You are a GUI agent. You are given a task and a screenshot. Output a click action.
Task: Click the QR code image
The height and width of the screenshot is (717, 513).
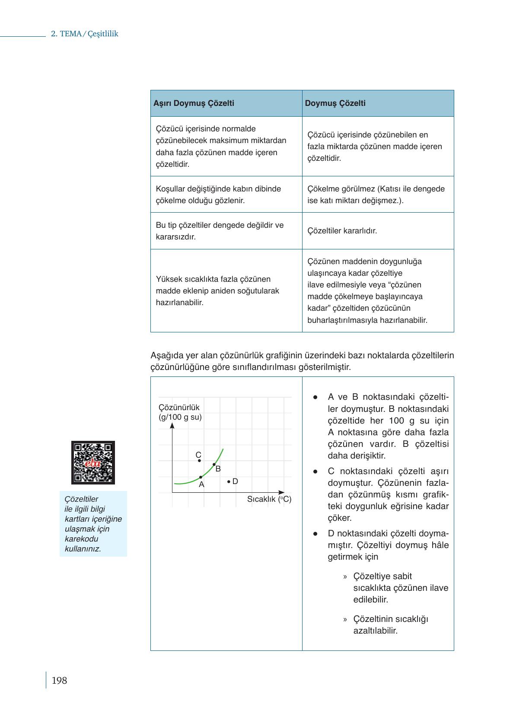click(93, 462)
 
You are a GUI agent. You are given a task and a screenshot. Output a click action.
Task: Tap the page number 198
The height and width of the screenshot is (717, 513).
click(59, 680)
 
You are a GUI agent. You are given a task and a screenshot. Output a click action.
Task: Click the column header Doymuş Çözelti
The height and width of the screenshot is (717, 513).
click(335, 103)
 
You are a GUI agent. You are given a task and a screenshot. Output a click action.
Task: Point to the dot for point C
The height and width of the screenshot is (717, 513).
click(199, 461)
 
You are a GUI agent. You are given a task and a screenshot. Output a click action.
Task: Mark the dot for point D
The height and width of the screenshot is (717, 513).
click(228, 481)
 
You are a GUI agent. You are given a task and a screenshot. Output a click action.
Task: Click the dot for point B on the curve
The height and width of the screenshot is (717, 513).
click(214, 465)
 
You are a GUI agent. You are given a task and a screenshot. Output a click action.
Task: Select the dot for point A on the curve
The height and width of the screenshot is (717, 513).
click(201, 477)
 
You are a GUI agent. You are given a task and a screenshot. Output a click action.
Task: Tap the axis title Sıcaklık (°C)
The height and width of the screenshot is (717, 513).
click(269, 499)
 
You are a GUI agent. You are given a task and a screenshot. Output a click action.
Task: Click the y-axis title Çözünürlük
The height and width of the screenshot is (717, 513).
click(179, 408)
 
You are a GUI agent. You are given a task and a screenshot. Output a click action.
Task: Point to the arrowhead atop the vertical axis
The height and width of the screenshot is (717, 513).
click(172, 426)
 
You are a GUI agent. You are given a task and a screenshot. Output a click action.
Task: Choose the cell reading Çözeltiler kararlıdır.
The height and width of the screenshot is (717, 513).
click(342, 231)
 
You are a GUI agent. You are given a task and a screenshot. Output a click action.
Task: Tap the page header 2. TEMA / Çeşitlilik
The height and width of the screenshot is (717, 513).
click(84, 34)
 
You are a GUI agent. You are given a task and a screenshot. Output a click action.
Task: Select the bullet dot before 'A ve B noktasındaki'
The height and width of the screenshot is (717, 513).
click(316, 397)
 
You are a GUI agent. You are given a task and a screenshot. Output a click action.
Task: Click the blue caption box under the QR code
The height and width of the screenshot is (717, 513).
click(93, 523)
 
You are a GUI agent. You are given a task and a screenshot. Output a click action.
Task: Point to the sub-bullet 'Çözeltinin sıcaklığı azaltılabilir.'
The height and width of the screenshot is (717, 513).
click(390, 625)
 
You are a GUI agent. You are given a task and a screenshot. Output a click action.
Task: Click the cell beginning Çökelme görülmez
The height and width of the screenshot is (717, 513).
click(376, 194)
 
